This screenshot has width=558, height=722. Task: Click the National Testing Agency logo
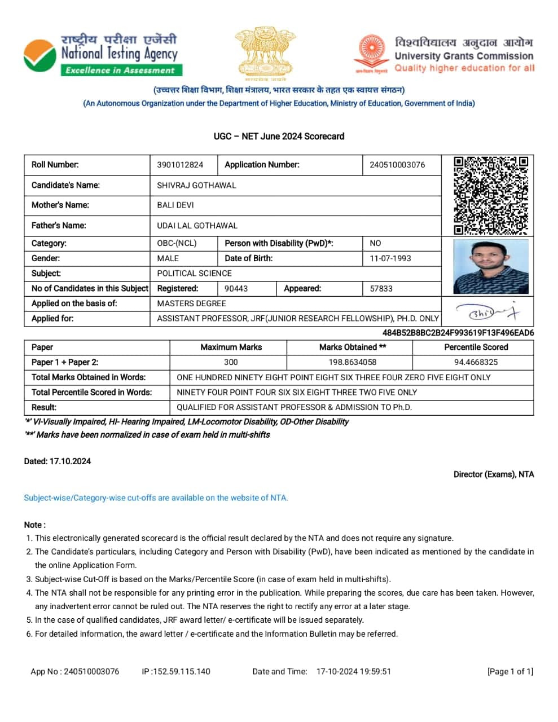[x=102, y=55]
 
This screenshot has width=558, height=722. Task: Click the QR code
[x=491, y=195]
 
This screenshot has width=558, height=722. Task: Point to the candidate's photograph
[x=491, y=266]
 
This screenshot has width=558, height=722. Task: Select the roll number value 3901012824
[x=180, y=165]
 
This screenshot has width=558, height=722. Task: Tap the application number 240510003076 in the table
[x=397, y=165]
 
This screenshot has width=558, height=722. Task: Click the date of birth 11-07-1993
[x=390, y=258]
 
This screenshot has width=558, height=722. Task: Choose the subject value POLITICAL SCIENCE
[x=194, y=273]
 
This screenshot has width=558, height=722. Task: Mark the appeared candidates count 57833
[x=381, y=288]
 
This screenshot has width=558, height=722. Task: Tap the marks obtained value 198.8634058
[x=353, y=362]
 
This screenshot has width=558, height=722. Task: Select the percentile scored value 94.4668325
[x=476, y=362]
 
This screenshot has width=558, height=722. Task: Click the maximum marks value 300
[x=231, y=362]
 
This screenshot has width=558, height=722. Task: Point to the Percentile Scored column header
[x=476, y=347]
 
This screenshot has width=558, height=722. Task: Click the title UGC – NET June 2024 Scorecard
[x=279, y=136]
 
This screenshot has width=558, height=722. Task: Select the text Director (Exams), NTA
[x=494, y=474]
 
